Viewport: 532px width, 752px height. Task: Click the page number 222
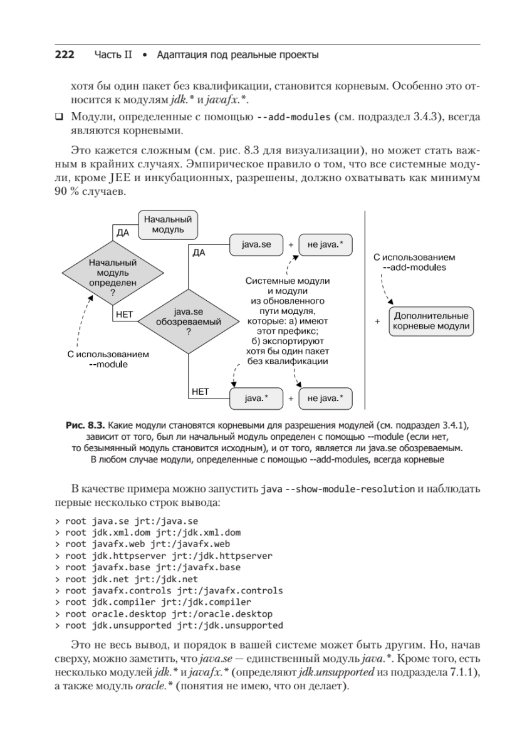(65, 55)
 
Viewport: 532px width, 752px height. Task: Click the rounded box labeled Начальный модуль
(164, 224)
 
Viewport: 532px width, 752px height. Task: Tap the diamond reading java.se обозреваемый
(189, 322)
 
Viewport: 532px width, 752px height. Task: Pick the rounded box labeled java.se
(256, 244)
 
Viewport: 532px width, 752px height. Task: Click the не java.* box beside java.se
(325, 244)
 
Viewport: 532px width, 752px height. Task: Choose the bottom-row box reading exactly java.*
(256, 397)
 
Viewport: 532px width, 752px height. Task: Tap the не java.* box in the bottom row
(325, 397)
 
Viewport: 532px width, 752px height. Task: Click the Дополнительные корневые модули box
(430, 321)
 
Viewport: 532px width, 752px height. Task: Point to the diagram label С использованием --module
(108, 359)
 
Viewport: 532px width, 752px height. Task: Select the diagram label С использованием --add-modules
(414, 262)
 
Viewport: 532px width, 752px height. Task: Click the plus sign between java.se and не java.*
(291, 245)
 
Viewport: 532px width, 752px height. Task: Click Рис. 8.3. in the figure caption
(85, 425)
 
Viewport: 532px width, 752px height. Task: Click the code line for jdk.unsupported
(169, 625)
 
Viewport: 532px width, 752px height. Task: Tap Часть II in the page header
(113, 55)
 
